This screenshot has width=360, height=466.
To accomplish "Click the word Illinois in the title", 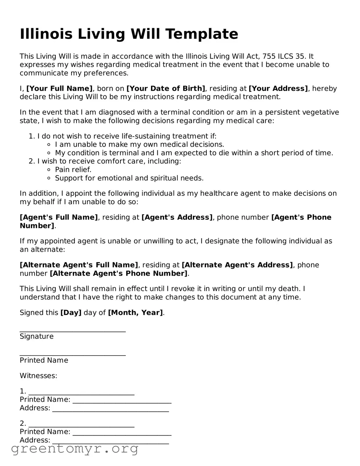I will pos(46,34).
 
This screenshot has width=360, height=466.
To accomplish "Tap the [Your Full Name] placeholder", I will pos(59,89).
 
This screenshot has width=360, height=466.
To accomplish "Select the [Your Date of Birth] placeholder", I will pos(166,89).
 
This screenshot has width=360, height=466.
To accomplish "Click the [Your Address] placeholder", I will pos(278,89).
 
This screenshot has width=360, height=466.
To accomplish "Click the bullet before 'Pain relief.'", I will pos(49,170).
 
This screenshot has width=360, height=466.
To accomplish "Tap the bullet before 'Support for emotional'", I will pos(49,178).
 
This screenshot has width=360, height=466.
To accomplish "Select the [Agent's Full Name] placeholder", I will pos(59,218).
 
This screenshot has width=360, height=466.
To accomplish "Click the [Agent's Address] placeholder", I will pos(177,218).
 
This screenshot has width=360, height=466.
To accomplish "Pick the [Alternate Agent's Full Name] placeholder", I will pos(79,265).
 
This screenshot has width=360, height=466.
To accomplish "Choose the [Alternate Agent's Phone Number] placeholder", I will pos(118,274).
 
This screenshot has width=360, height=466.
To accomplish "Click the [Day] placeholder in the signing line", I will pos(71,313).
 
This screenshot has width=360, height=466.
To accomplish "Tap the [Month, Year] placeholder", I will pos(135,313).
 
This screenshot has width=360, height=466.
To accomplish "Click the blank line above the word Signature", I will pos(73,331).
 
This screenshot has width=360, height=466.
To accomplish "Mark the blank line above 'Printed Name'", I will pos(73,355).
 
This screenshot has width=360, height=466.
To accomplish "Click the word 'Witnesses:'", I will pos(39,376).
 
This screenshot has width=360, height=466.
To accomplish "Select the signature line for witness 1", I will pos(82,394).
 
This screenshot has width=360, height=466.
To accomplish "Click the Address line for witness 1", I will pos(111,411).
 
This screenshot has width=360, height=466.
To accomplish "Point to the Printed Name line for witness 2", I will pos(122,434).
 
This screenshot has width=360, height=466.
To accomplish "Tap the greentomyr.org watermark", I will pos(75,449).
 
